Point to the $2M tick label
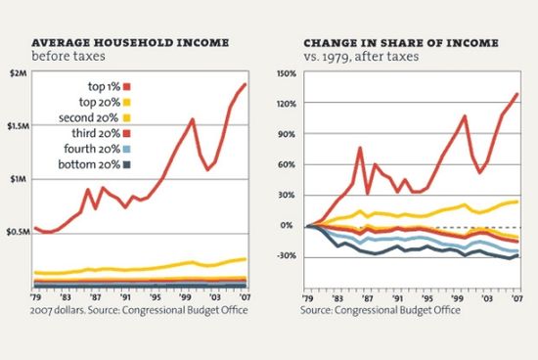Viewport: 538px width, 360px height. pos(18,75)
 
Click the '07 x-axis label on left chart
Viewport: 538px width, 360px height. pos(243,298)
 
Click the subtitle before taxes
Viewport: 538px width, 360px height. pos(65,57)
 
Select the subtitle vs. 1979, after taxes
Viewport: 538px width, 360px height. pos(359,57)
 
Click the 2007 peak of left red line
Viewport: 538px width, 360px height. pos(245,84)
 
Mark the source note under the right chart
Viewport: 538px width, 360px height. pos(381,309)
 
